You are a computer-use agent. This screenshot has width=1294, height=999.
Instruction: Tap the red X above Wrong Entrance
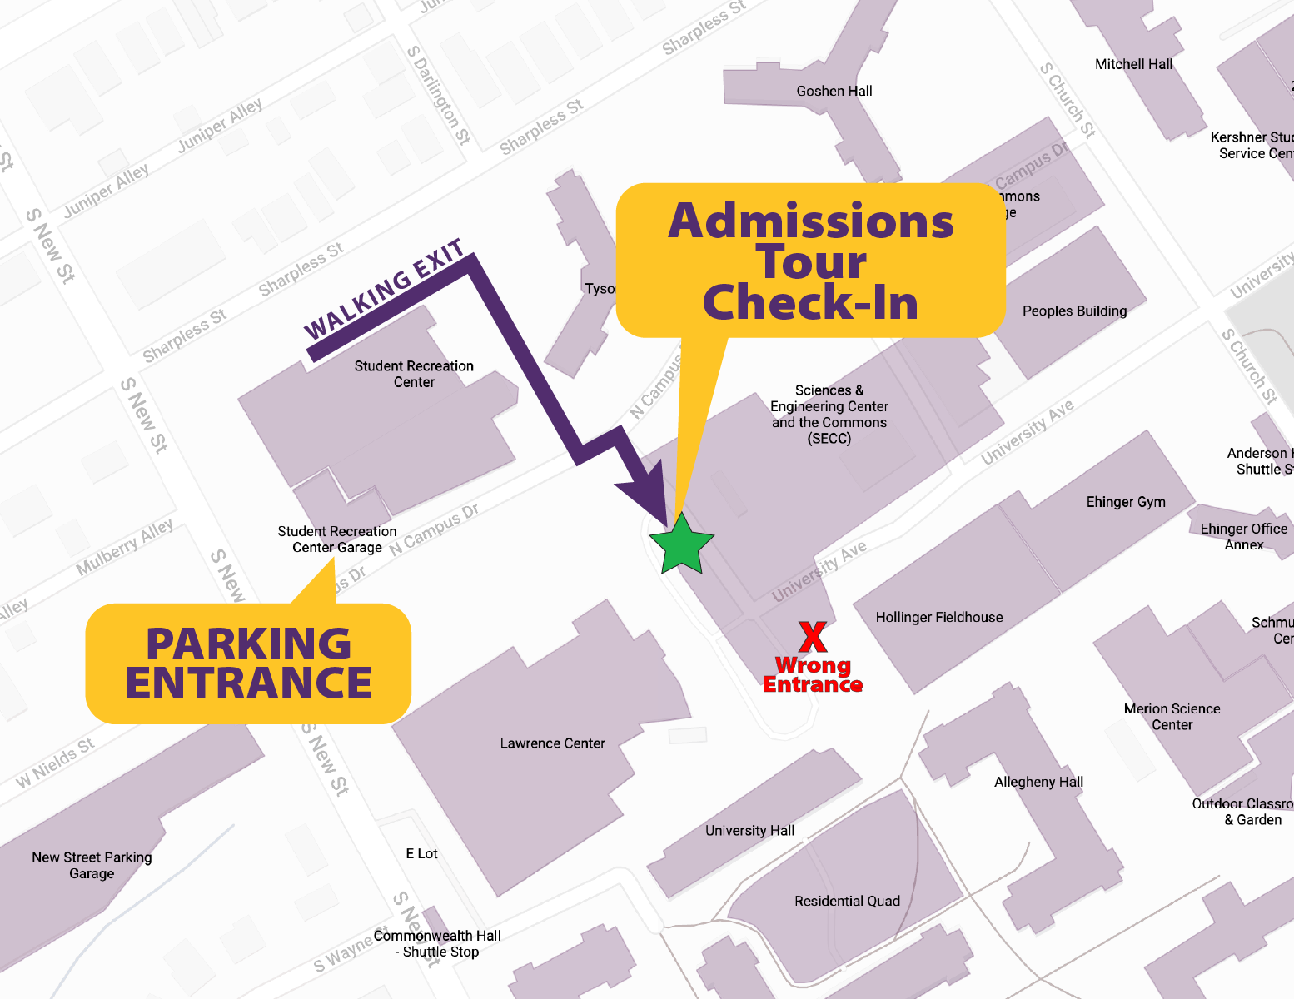[812, 637]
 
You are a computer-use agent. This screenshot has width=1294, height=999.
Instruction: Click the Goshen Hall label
[834, 91]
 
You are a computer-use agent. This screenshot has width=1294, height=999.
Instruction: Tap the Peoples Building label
[1073, 311]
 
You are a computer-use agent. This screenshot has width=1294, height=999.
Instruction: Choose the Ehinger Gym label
[1125, 501]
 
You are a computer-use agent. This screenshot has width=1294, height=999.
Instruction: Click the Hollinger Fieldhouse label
[938, 617]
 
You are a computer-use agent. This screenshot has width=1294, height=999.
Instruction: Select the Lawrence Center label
[552, 743]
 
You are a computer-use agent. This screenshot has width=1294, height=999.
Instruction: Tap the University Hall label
[749, 830]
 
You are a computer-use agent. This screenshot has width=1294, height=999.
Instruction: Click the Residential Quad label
[847, 901]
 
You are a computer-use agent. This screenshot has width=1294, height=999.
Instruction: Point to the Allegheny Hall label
[1038, 782]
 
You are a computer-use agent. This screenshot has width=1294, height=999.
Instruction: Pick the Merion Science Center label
[1172, 716]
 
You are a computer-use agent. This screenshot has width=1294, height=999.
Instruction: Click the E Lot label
[421, 853]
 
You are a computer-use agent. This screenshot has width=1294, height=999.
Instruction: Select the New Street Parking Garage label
[92, 865]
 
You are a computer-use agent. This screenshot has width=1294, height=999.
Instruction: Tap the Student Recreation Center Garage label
[336, 539]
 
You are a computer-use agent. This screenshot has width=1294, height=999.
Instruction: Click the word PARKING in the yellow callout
[248, 644]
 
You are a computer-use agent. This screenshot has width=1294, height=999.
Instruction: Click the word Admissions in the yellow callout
[810, 221]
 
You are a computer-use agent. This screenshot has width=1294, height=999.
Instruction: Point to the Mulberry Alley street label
[125, 547]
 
